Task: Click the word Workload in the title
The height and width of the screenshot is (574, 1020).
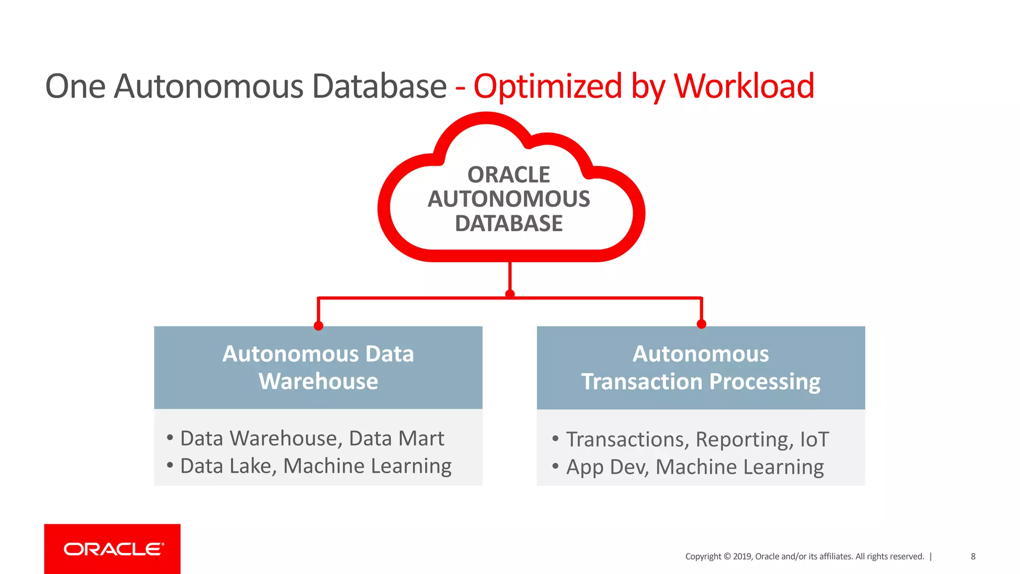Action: [x=744, y=86]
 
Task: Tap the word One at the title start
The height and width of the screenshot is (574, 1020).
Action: [x=75, y=86]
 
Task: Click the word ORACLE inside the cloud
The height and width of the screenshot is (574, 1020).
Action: [x=509, y=175]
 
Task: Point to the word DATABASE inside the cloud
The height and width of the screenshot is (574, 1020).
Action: [x=509, y=223]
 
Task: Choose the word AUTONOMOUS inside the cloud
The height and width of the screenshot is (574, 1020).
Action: [x=509, y=199]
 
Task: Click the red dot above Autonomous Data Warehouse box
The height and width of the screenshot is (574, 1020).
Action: [x=319, y=326]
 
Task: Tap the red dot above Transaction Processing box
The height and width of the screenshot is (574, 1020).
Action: [x=701, y=324]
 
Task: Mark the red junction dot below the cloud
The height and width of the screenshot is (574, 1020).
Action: [x=510, y=294]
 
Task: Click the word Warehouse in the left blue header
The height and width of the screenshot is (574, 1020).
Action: [x=318, y=381]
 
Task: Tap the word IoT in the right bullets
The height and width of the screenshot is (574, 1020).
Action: [x=814, y=439]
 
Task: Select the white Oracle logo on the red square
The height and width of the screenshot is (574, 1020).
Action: [x=114, y=549]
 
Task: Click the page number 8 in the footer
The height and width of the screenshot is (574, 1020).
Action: [x=973, y=557]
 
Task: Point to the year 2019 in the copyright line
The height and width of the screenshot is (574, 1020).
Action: [x=742, y=557]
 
